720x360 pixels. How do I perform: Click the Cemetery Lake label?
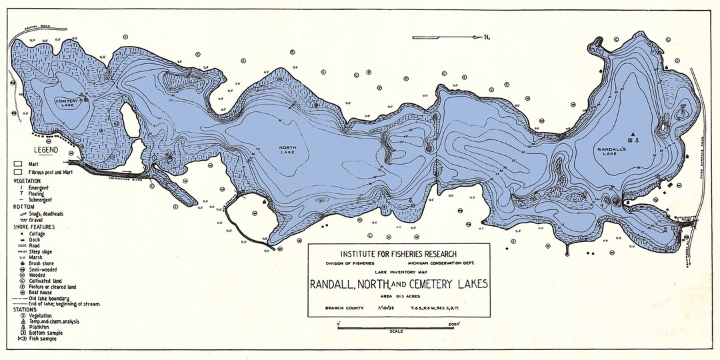click(67, 101)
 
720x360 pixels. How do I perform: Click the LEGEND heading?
click(42, 150)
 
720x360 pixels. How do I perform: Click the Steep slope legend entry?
click(43, 251)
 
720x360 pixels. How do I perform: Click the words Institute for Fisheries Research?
click(398, 254)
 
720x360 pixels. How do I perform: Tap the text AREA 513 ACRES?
click(398, 295)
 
